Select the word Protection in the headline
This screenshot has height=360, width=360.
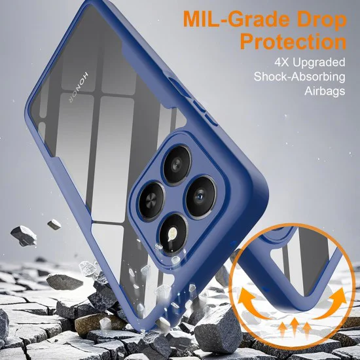[293, 41]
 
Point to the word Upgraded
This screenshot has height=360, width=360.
[319, 63]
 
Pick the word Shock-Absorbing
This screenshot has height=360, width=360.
[299, 77]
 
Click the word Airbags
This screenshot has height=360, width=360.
[325, 92]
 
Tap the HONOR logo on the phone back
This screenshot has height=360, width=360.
[79, 87]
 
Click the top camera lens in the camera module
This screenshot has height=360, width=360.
[177, 164]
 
